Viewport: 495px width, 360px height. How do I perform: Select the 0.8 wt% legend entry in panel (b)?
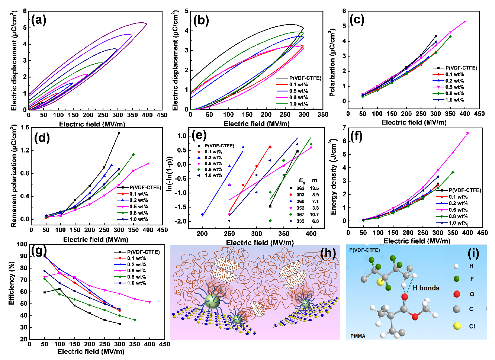click(x=299, y=97)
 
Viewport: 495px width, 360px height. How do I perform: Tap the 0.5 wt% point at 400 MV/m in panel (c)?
click(x=465, y=22)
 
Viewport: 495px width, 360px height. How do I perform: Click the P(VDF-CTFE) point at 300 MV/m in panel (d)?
click(x=119, y=133)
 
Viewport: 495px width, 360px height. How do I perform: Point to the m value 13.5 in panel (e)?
click(x=314, y=188)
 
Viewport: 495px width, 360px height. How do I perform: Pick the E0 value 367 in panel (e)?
click(x=300, y=215)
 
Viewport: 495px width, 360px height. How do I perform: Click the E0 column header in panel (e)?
click(x=302, y=181)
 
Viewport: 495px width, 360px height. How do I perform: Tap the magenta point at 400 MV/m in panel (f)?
click(x=467, y=133)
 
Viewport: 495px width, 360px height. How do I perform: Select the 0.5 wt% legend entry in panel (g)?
click(x=136, y=271)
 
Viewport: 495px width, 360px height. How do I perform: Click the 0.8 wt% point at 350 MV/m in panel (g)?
click(x=135, y=320)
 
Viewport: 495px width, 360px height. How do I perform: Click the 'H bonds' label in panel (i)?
click(x=426, y=288)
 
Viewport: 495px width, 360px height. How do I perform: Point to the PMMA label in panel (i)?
click(x=358, y=336)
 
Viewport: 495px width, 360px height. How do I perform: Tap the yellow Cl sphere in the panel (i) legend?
click(x=457, y=326)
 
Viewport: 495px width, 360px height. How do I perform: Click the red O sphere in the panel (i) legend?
click(x=457, y=294)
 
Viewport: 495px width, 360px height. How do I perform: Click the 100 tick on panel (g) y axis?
click(x=22, y=244)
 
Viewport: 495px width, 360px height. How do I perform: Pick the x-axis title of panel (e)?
click(x=260, y=242)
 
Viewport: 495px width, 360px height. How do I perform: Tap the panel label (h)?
click(x=328, y=254)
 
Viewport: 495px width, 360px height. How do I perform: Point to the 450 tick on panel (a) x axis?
click(x=162, y=115)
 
